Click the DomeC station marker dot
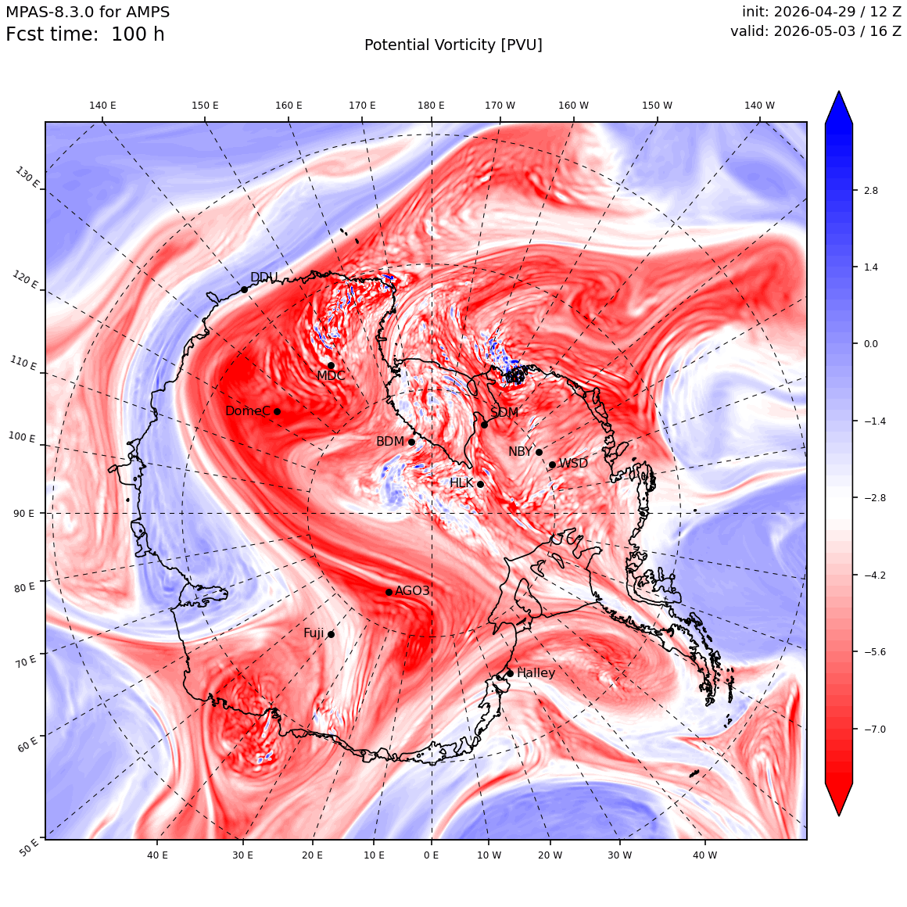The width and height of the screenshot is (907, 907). pos(277,411)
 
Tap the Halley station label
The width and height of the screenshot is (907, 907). pos(536,672)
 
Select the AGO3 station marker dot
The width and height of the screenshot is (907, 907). pos(389,592)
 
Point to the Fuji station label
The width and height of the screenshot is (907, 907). pos(314,633)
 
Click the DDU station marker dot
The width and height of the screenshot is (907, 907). pos(244,289)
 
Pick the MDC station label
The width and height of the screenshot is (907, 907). pos(330,375)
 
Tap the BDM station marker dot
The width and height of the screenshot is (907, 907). pos(411,442)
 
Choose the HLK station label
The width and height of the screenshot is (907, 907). pos(461,482)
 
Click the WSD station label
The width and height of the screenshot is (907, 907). pos(573,463)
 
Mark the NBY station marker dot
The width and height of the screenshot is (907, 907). pos(539,452)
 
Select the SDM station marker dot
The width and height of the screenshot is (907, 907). pos(484,425)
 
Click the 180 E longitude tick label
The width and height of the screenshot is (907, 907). pos(431,106)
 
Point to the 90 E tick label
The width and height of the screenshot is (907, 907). pos(23,513)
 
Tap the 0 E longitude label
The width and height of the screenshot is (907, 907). pos(431,855)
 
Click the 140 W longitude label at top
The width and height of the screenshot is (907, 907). pos(759,106)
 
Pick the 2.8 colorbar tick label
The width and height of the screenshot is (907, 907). pos(870,190)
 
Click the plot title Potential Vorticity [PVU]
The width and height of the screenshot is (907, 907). pos(453,45)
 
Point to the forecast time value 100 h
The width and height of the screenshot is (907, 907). pos(138,34)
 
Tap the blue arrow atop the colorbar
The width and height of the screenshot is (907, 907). pos(839,106)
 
